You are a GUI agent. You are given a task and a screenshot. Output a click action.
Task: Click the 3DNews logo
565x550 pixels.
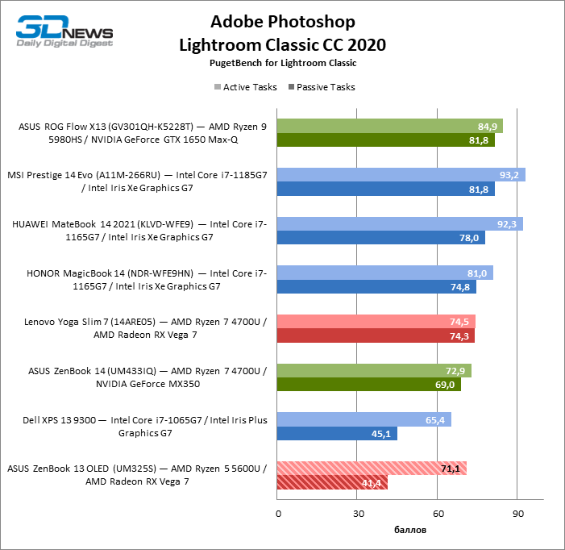[x=65, y=32]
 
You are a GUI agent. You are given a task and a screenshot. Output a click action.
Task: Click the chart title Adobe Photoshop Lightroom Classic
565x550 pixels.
[x=282, y=32]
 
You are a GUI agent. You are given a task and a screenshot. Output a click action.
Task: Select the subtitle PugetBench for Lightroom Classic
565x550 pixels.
[x=282, y=62]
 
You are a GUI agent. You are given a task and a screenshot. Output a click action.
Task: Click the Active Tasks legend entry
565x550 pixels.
[x=245, y=87]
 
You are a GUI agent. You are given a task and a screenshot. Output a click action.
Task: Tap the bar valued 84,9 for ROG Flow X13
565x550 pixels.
[x=390, y=126]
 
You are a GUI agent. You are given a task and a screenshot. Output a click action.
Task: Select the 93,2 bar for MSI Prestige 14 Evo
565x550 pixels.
[x=401, y=175]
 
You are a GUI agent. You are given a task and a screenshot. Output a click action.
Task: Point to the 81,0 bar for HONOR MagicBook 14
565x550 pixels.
[x=385, y=273]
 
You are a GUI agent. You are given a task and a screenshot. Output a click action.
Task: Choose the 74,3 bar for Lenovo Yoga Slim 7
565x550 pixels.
[x=376, y=336]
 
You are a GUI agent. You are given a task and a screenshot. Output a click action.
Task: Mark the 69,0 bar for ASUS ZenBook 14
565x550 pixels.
[x=368, y=385]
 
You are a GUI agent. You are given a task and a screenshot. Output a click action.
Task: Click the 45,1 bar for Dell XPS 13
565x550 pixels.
[x=337, y=434]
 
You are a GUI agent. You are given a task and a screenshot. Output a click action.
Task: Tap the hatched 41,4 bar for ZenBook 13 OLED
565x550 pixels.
[x=332, y=483]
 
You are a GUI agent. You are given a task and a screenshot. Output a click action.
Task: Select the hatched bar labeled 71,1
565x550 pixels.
[x=372, y=469]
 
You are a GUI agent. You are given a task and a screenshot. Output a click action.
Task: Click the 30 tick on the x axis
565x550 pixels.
[x=358, y=514]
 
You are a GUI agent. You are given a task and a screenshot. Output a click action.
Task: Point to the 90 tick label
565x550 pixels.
[x=518, y=514]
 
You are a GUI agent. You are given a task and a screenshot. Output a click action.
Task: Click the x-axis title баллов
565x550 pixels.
[x=410, y=530]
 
